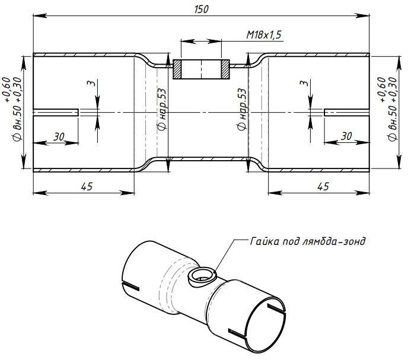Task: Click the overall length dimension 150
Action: [202, 9]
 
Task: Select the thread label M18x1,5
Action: [264, 34]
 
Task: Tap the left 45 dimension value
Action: [87, 186]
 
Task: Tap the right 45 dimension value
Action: [323, 186]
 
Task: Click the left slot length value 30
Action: [59, 136]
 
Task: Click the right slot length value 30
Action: [346, 136]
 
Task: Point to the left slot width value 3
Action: [91, 83]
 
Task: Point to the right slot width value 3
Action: [304, 83]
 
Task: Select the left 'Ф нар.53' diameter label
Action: [161, 109]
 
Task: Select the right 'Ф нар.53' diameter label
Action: [241, 109]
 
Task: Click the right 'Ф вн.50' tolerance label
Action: [388, 109]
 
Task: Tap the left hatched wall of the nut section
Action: [177, 69]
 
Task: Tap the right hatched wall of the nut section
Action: [225, 69]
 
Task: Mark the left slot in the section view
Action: [56, 112]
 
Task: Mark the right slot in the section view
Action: [347, 112]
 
